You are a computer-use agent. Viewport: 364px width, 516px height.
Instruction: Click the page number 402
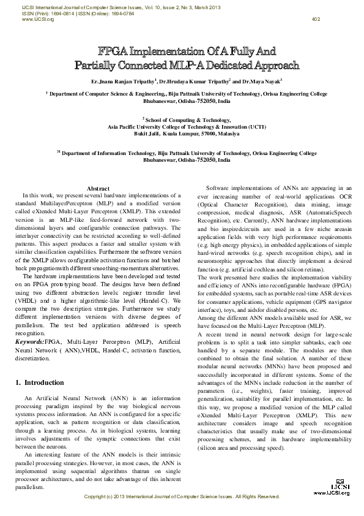[316, 19]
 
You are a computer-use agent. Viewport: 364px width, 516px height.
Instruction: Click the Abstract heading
[98, 188]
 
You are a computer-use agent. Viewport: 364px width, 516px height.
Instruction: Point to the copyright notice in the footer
[182, 496]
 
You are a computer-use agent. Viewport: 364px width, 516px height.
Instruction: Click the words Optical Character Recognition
[235, 203]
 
